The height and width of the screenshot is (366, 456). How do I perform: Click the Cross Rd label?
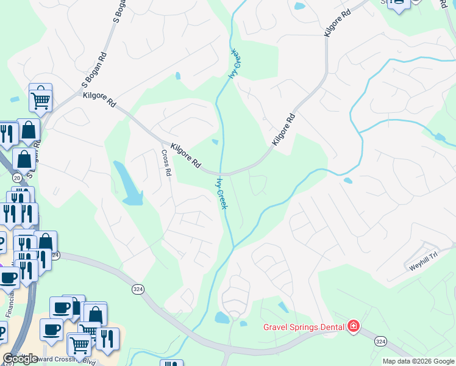[x=165, y=163]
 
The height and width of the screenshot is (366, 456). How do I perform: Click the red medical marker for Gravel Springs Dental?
[x=352, y=327]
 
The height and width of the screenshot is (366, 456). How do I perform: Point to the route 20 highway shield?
[x=16, y=177]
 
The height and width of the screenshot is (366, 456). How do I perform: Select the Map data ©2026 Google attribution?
[x=418, y=361]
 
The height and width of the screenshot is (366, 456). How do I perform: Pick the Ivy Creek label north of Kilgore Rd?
[x=234, y=64]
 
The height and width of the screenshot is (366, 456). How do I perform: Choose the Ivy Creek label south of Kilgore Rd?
[x=222, y=193]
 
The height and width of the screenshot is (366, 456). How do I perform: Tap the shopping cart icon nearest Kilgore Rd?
[x=40, y=98]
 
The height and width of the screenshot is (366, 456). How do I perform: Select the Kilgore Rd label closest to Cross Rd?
[x=186, y=156]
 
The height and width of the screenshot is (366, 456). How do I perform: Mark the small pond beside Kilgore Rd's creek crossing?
[x=215, y=143]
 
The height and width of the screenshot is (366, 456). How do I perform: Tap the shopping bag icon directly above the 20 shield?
[x=24, y=160]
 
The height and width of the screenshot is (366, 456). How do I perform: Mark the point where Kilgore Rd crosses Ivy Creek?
[x=222, y=173]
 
